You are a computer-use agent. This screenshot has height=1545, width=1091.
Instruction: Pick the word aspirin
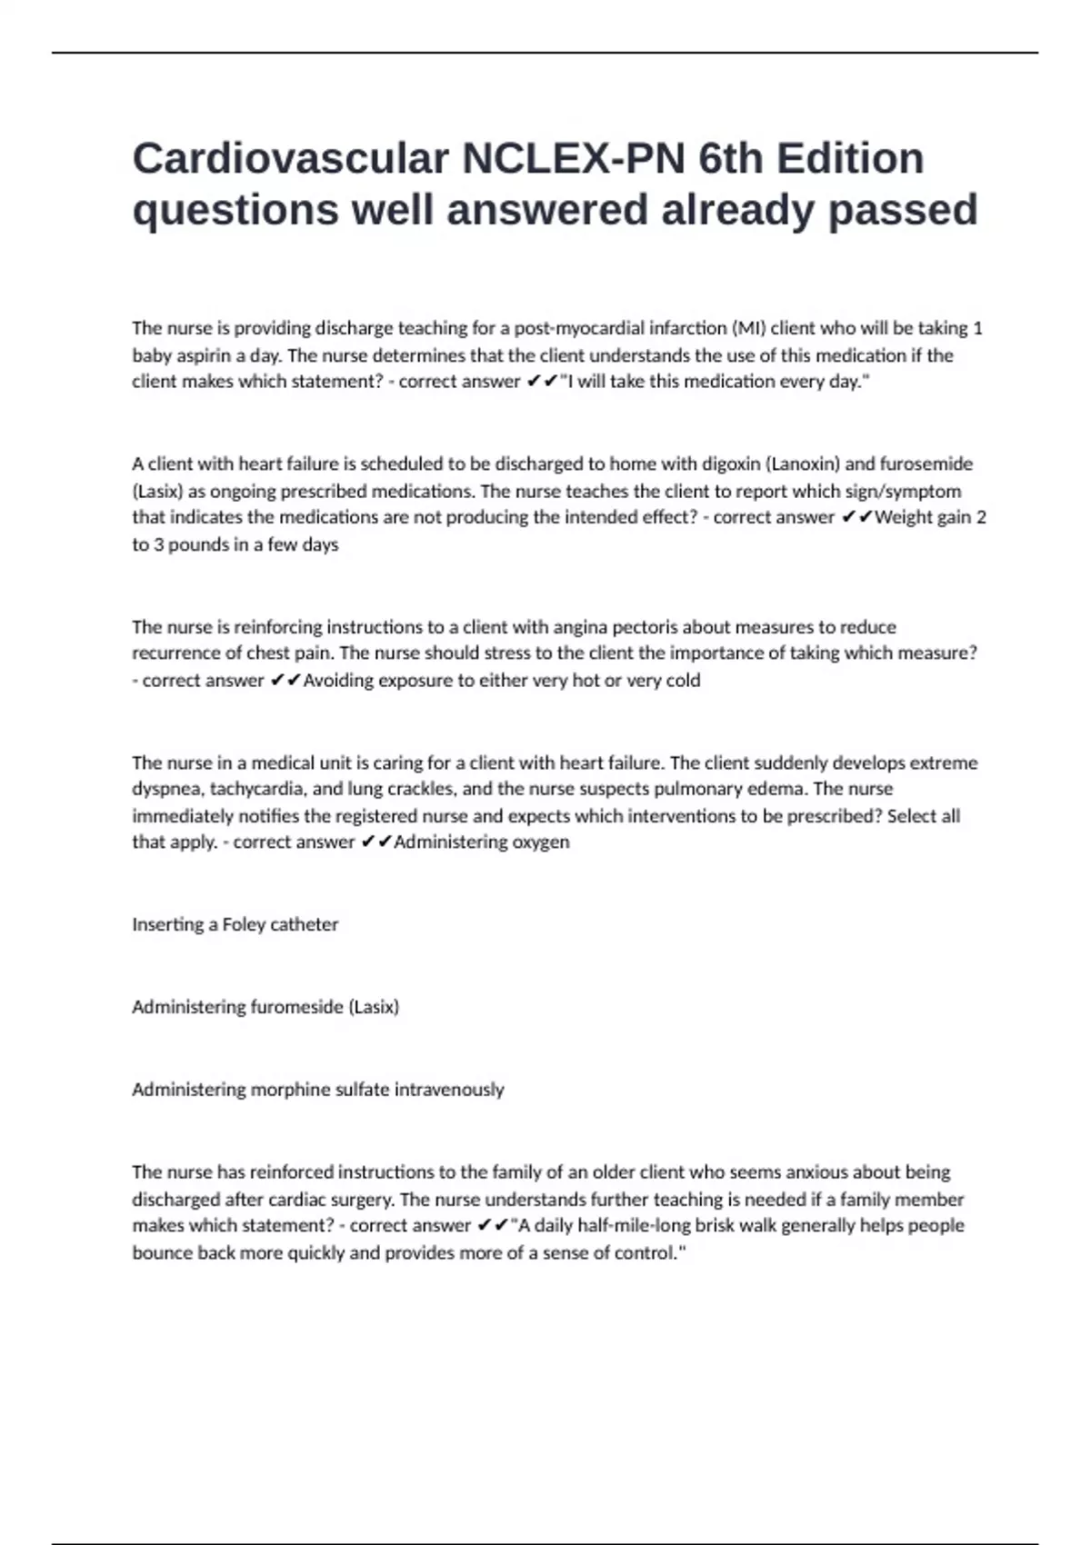point(205,355)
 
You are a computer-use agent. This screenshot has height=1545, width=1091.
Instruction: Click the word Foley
point(243,924)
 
